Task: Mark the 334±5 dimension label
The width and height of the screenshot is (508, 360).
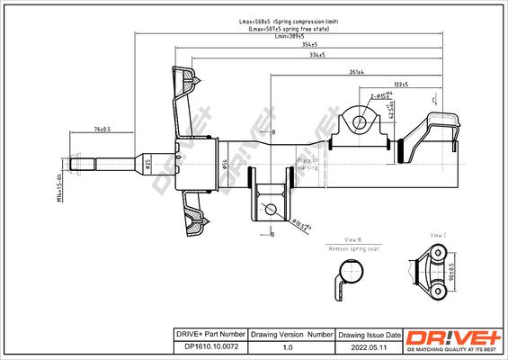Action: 317,56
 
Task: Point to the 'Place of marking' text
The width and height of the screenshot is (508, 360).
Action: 308,164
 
